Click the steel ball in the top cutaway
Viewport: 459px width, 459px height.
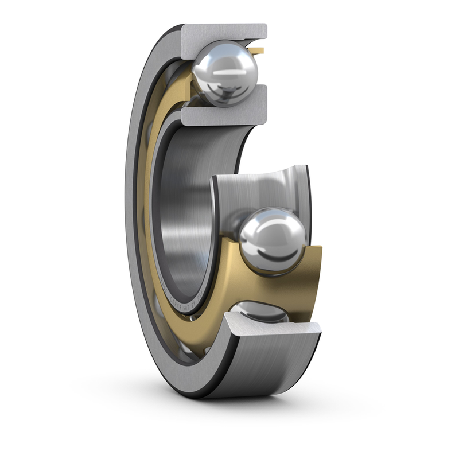[x=225, y=72]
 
